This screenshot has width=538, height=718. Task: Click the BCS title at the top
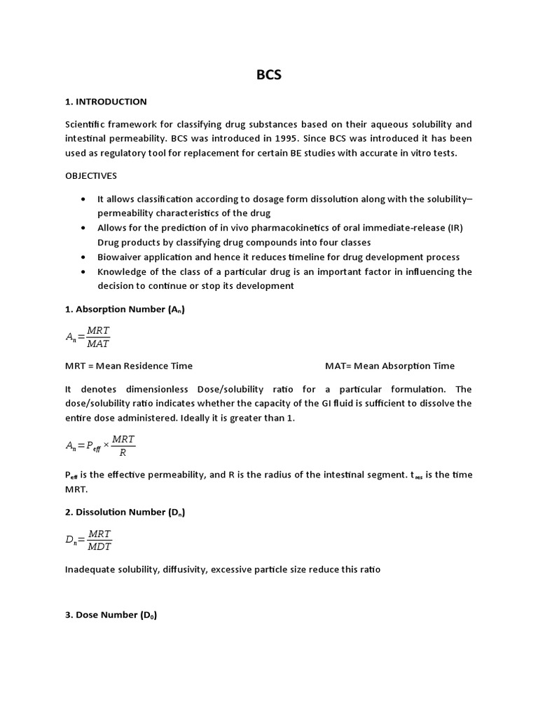point(269,74)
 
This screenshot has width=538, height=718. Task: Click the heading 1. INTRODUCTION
point(106,102)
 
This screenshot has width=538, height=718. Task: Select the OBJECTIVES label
point(91,175)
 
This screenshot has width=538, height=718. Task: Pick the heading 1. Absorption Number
point(125,309)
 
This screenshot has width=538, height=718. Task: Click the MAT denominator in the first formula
point(99,344)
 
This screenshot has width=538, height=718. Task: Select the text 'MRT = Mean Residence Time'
point(129,365)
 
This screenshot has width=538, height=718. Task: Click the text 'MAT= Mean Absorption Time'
point(389,365)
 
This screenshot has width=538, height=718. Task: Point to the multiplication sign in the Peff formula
point(106,446)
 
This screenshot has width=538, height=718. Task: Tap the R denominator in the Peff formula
point(123,452)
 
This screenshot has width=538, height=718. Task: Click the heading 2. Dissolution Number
point(125,512)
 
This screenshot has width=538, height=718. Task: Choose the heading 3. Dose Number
point(111,614)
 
